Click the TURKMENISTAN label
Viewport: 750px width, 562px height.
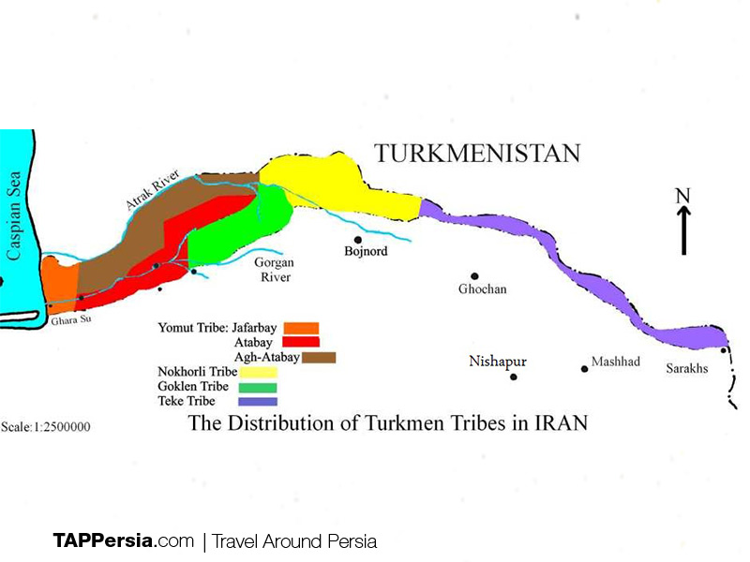pyautogui.click(x=477, y=154)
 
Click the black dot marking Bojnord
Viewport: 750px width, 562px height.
pyautogui.click(x=357, y=240)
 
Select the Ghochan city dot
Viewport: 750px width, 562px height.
pyautogui.click(x=474, y=276)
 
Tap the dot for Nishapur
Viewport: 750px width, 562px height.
pyautogui.click(x=513, y=377)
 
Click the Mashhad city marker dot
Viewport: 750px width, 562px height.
pyautogui.click(x=585, y=368)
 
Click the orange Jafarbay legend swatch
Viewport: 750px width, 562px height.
pyautogui.click(x=302, y=328)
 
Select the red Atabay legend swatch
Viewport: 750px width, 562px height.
pyautogui.click(x=307, y=342)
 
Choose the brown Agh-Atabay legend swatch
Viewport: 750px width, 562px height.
pyautogui.click(x=319, y=357)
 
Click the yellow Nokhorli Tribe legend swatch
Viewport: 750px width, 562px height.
pyautogui.click(x=258, y=372)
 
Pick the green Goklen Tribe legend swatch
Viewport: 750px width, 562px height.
pyautogui.click(x=258, y=387)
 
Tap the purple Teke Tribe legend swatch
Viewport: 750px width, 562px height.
pyautogui.click(x=258, y=402)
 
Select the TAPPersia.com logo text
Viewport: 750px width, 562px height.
pyautogui.click(x=123, y=540)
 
